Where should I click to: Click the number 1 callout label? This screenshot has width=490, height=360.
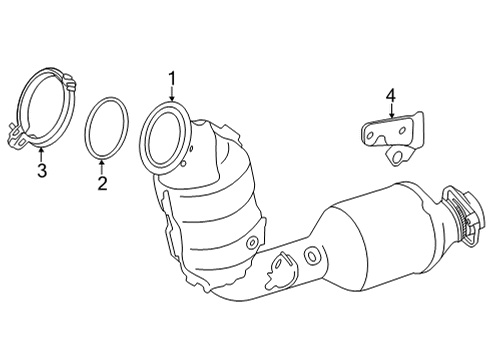tap(171, 78)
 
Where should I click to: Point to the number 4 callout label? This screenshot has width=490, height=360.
tap(391, 96)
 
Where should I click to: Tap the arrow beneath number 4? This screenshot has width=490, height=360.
tap(391, 112)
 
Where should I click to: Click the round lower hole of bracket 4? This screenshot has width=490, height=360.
tap(398, 155)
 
